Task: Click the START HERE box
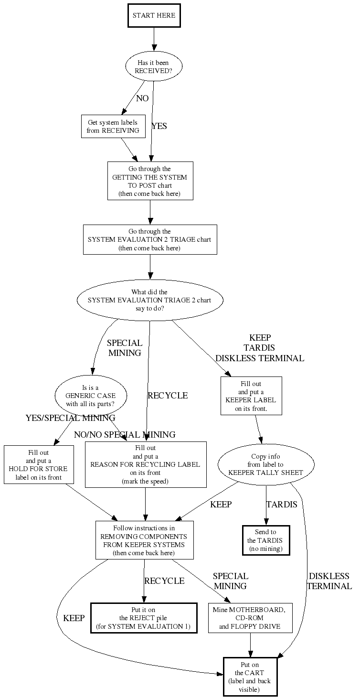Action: [154, 16]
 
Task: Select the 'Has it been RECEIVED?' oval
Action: [153, 66]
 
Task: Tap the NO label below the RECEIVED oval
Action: [142, 98]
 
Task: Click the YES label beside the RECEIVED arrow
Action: [159, 126]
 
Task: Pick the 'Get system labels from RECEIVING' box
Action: [113, 127]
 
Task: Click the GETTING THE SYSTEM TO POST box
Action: [150, 181]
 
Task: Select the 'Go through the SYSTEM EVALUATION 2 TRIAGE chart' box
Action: [150, 239]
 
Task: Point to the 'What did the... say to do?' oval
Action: [150, 301]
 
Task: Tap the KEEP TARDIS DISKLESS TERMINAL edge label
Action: [259, 348]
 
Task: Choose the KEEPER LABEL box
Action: [251, 396]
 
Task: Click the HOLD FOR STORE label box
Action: [39, 464]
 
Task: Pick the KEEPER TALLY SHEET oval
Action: [266, 464]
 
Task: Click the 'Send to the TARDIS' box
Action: [266, 540]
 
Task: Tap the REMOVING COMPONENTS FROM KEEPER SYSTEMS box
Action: [145, 540]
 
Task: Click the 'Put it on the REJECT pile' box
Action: [144, 618]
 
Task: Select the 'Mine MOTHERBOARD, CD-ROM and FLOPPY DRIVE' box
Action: [250, 618]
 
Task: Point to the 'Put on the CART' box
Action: [250, 677]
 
